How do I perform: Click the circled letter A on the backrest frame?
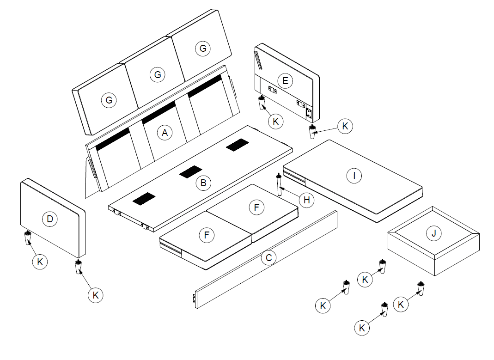click(x=164, y=133)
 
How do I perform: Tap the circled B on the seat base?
click(x=201, y=183)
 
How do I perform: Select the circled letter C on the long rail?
click(x=268, y=258)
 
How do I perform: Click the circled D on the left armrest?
click(x=49, y=219)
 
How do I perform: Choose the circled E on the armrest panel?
click(x=285, y=81)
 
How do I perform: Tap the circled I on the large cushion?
click(x=354, y=176)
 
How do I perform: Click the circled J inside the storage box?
click(x=433, y=234)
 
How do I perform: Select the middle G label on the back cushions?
click(x=158, y=74)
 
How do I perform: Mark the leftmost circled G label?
click(x=109, y=100)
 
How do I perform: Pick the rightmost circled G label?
click(x=202, y=49)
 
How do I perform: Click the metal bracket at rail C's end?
click(x=193, y=299)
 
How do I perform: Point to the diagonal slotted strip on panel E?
click(x=257, y=60)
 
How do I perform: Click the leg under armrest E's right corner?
click(x=312, y=131)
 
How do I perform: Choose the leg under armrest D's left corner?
click(x=28, y=238)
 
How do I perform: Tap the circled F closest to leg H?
click(x=256, y=207)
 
